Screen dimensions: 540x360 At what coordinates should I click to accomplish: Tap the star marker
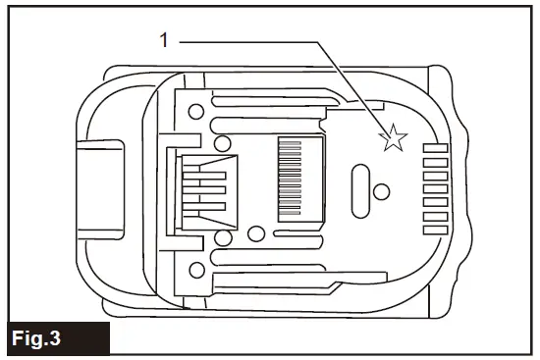coord(393,139)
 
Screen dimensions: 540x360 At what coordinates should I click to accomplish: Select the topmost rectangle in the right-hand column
coord(435,148)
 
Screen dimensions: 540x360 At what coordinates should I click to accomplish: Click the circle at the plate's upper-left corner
coord(196,110)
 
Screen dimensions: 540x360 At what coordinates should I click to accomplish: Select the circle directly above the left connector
coord(224,136)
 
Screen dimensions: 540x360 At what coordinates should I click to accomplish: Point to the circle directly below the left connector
coord(224,238)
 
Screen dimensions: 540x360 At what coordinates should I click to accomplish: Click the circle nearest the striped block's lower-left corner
coord(258,233)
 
